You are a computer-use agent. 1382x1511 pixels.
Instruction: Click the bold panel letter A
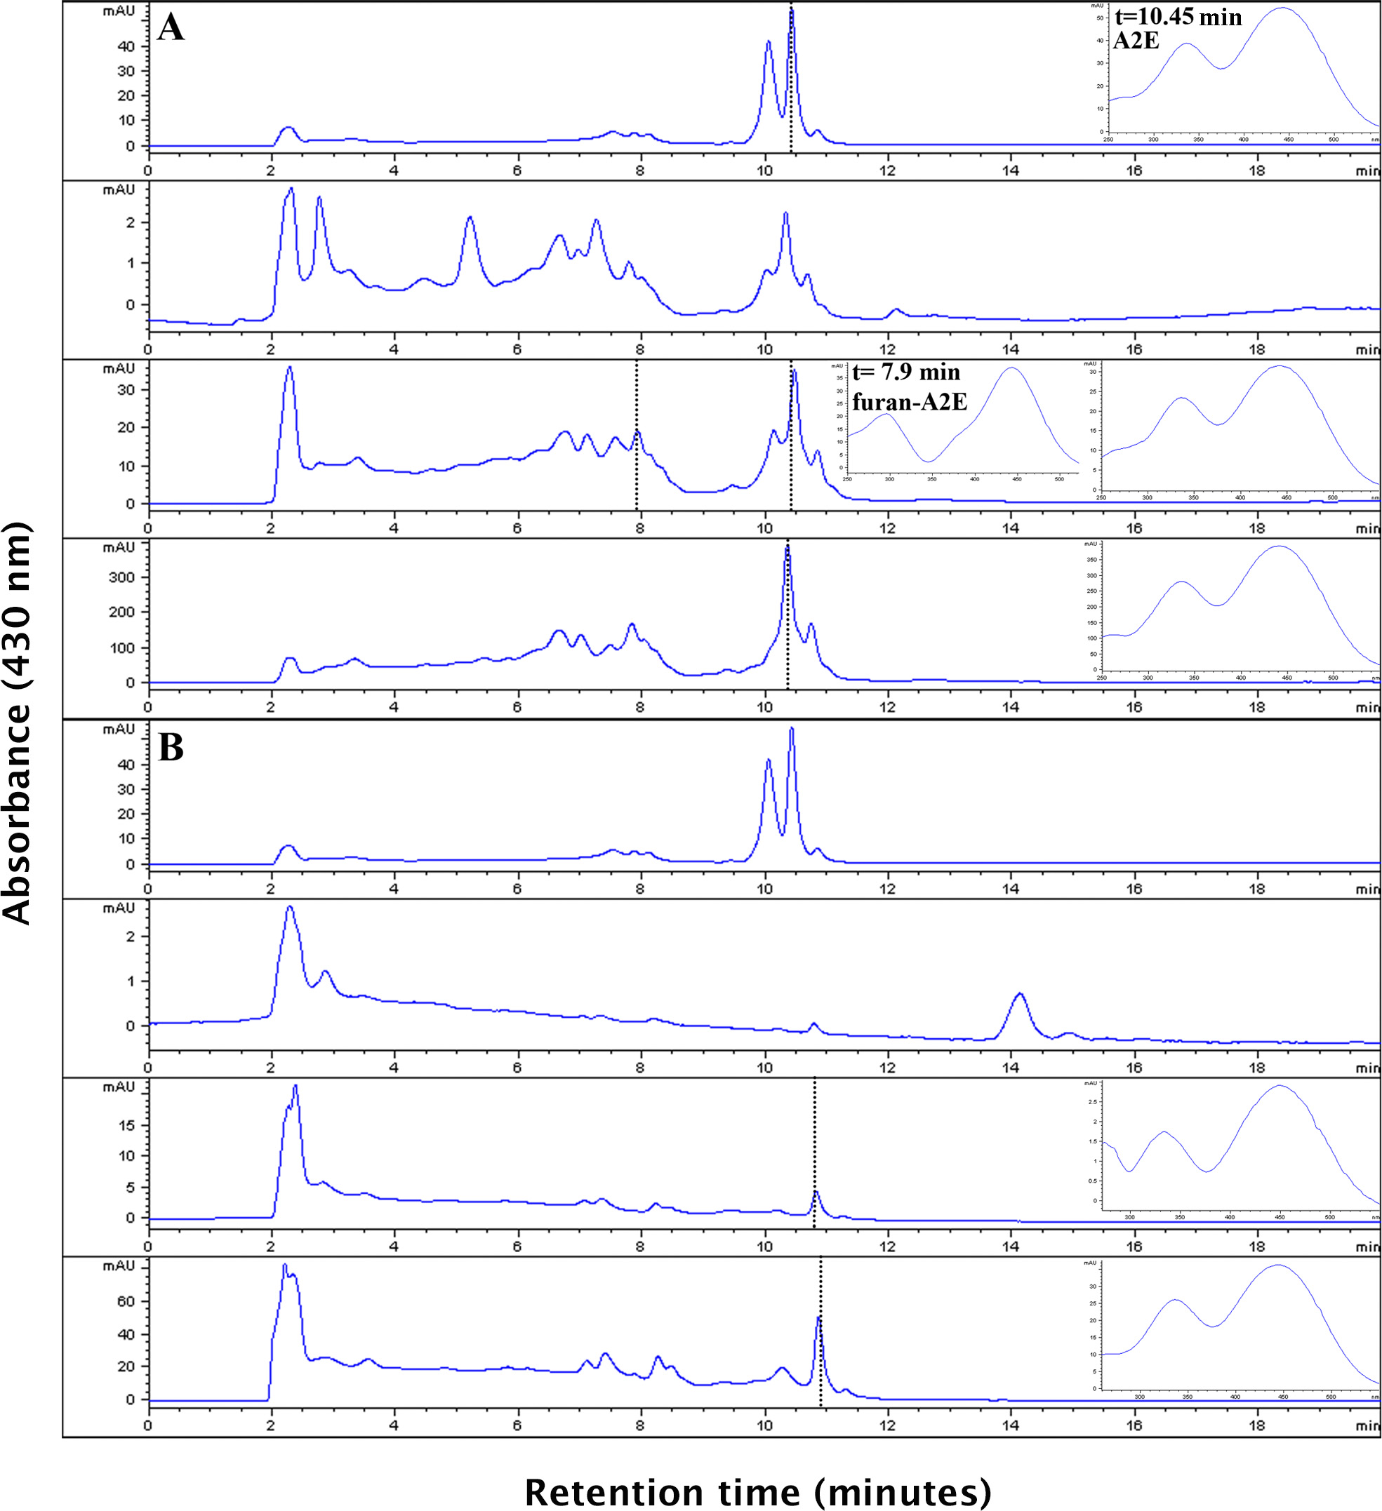click(171, 29)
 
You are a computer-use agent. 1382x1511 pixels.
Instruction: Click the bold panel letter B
click(171, 747)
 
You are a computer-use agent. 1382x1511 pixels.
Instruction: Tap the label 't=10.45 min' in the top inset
click(1178, 18)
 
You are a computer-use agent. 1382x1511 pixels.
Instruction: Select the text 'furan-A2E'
click(910, 403)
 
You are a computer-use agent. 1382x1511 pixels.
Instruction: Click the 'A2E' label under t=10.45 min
click(1136, 41)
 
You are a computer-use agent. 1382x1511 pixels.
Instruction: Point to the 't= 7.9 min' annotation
click(906, 372)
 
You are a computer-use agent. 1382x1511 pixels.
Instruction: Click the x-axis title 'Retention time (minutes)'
click(757, 1491)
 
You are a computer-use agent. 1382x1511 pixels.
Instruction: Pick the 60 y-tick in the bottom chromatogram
click(127, 1301)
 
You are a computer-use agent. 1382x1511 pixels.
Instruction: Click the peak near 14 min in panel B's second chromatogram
click(1019, 995)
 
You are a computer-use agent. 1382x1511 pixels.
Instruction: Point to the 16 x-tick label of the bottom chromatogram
click(1134, 1425)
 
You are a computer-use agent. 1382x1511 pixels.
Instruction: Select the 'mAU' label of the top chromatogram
click(119, 11)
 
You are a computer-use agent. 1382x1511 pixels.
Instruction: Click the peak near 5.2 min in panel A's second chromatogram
click(470, 218)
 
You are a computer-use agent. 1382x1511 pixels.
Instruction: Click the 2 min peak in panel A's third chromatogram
click(289, 368)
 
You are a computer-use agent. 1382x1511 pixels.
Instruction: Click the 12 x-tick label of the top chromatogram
click(888, 170)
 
